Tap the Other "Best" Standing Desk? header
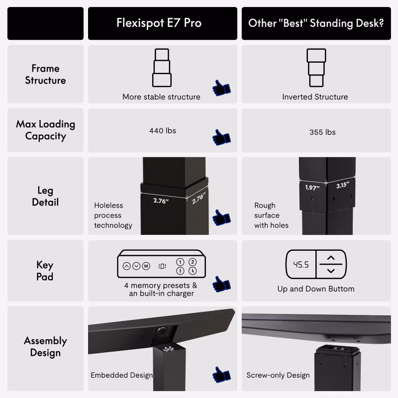point(316,23)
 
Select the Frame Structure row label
point(45,74)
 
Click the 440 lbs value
point(163,131)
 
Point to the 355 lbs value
point(322,132)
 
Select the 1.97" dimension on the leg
point(312,188)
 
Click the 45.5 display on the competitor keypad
point(301,265)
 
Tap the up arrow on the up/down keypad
point(331,258)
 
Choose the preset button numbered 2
point(193,262)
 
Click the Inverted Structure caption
point(315,97)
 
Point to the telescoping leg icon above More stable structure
point(162,68)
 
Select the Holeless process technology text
point(113,215)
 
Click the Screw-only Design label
point(278,375)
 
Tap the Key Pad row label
point(45,271)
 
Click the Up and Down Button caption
point(316,289)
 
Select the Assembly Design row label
point(45,347)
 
